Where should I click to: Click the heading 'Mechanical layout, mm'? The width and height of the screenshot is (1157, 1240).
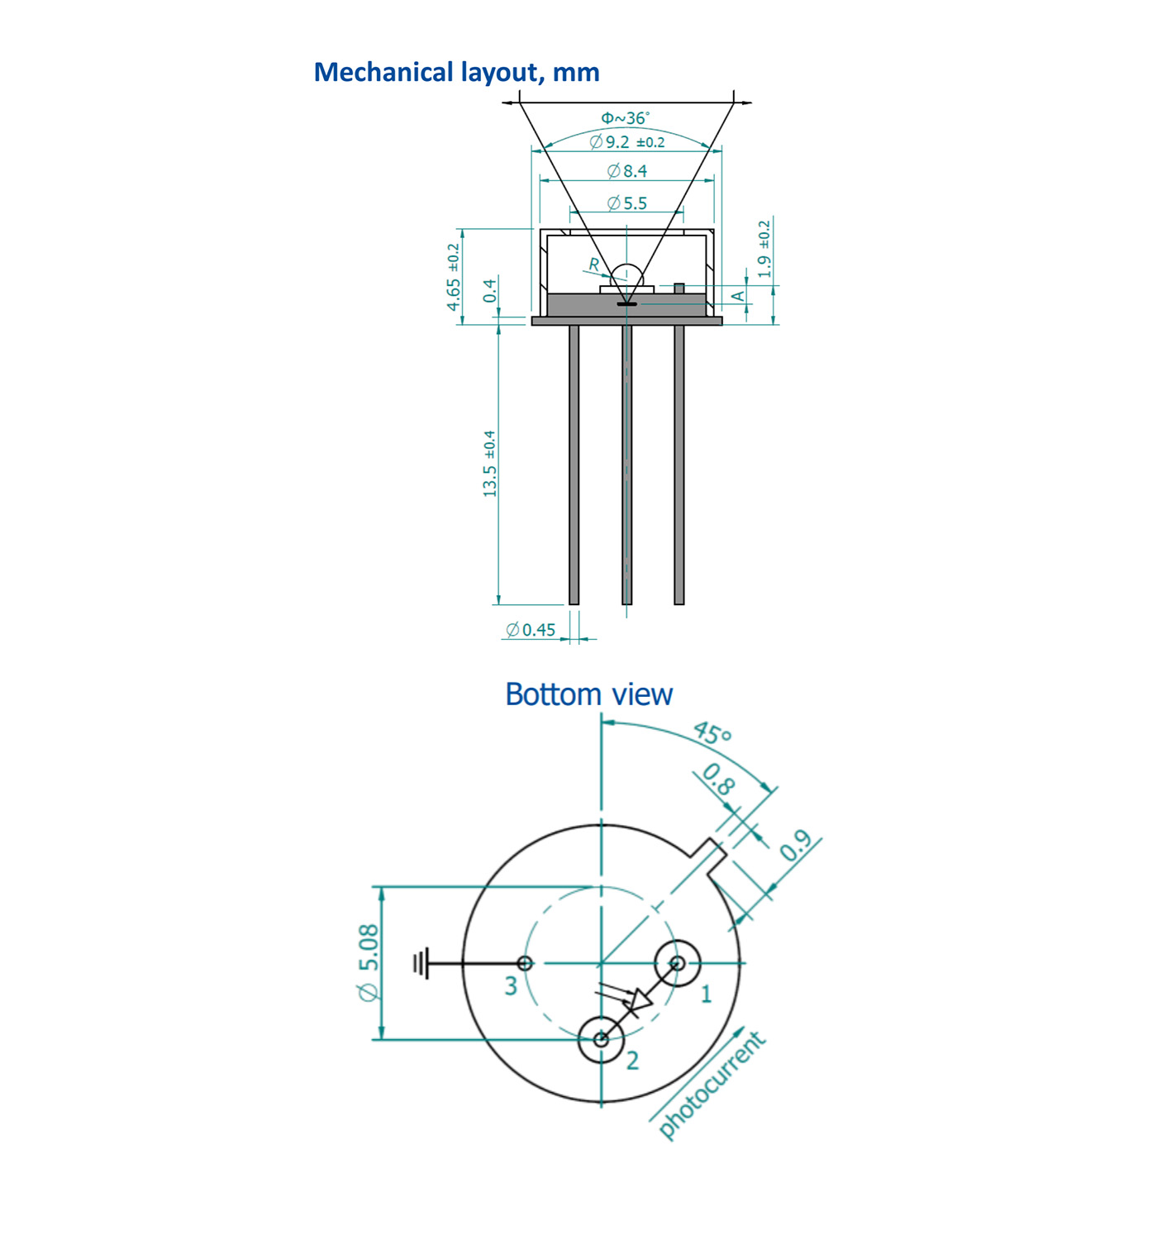[x=456, y=73]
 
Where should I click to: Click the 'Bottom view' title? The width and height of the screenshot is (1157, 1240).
[x=588, y=694]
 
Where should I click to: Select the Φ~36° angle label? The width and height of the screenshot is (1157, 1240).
[x=625, y=117]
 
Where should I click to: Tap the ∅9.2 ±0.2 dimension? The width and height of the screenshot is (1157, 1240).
[x=627, y=142]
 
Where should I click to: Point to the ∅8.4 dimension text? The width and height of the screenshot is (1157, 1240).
[x=627, y=171]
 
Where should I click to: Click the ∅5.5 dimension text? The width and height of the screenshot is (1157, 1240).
[x=627, y=203]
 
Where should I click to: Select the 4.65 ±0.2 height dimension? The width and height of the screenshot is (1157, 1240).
[x=453, y=276]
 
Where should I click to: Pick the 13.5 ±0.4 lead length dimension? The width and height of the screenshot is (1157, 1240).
[x=489, y=464]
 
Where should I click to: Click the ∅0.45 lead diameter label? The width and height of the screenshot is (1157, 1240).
[x=530, y=630]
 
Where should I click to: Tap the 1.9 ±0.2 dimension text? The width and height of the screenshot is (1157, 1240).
[x=764, y=249]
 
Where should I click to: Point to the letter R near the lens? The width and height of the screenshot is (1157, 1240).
[x=594, y=265]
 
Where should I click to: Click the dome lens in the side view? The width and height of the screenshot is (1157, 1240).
[x=626, y=275]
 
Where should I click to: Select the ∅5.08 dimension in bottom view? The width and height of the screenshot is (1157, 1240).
[x=369, y=964]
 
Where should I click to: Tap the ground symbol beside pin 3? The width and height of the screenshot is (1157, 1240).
[x=421, y=963]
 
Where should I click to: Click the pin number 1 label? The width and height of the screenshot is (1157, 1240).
[x=707, y=994]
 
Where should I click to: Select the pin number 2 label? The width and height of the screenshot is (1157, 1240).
[x=632, y=1061]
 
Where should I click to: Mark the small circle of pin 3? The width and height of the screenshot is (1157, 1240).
[x=525, y=963]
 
